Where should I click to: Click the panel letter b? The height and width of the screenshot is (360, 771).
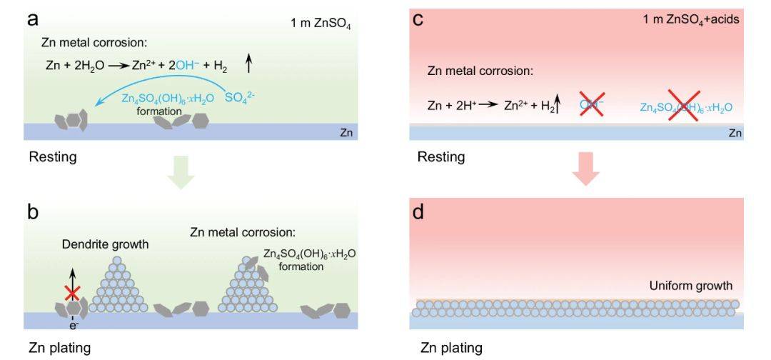[x=33, y=212]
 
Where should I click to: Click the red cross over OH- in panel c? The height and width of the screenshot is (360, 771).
[x=593, y=106]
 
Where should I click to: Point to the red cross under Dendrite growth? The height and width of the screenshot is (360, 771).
[x=71, y=292]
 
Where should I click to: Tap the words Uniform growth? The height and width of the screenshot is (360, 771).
[x=691, y=286]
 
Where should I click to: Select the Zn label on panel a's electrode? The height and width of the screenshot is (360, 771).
[x=345, y=133]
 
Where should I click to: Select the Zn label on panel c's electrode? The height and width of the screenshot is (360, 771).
[x=733, y=133]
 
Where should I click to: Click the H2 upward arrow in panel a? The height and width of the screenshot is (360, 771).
[x=248, y=64]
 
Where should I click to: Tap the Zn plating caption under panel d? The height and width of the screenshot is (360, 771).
[x=451, y=348]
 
